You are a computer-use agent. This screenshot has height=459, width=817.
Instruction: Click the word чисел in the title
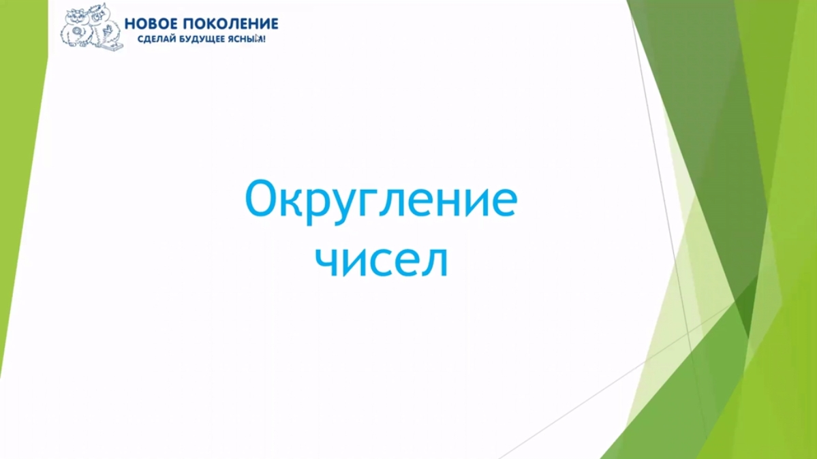(x=384, y=262)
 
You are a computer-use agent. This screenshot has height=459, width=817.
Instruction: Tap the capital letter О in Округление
(x=262, y=199)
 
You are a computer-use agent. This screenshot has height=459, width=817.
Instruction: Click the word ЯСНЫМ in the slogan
(x=248, y=39)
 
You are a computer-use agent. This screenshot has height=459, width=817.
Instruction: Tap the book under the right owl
(x=110, y=47)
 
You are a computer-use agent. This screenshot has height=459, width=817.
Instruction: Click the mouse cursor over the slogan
(x=259, y=39)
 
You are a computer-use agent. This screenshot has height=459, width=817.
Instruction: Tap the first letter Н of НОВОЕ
(x=129, y=24)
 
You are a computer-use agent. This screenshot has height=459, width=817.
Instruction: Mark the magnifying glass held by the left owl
(x=77, y=31)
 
